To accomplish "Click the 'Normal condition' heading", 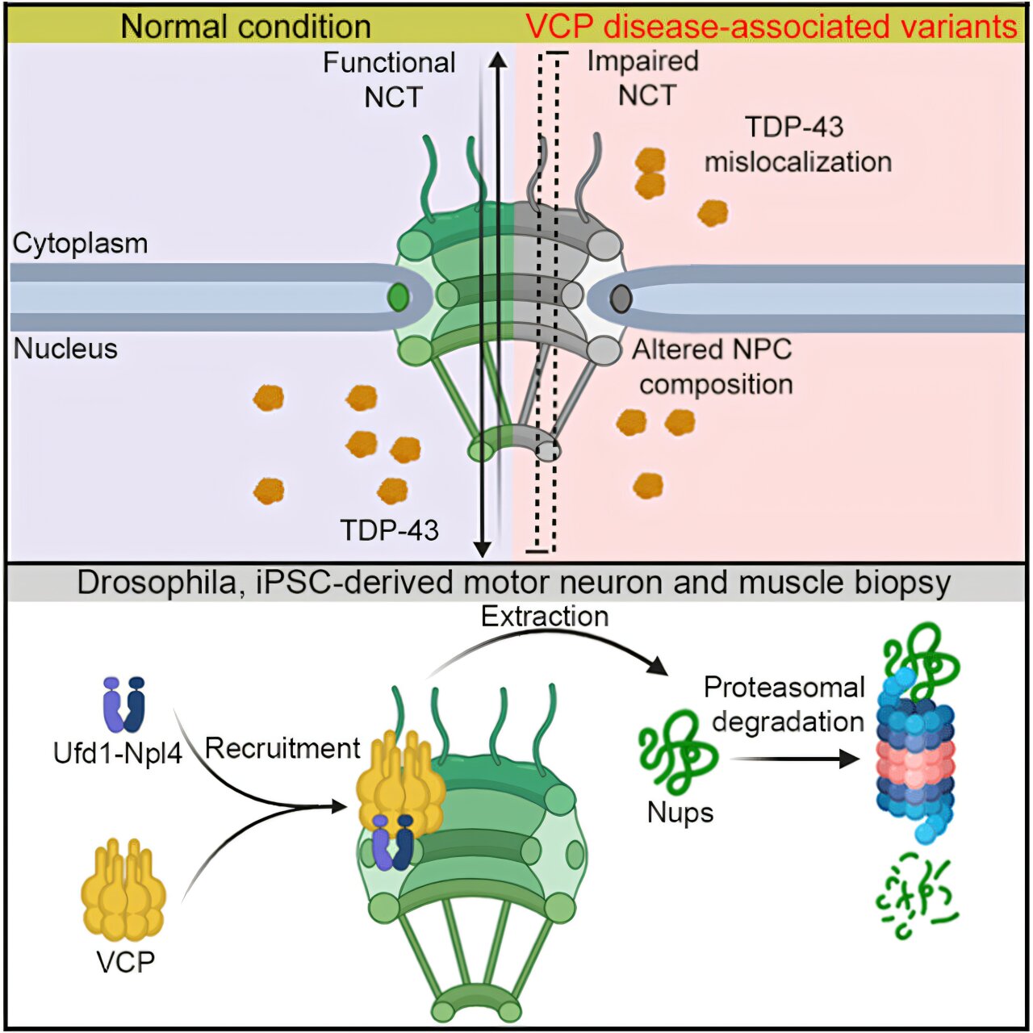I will (245, 27).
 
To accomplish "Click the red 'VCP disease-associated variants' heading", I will (771, 27).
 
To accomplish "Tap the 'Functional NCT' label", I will (391, 79).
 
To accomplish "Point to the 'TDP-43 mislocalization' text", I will (797, 144).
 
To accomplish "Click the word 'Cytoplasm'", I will (81, 243).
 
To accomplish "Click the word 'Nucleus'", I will (66, 349).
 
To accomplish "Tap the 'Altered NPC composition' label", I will (713, 366).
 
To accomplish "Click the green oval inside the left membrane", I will (398, 298).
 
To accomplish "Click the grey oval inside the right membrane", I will (620, 299).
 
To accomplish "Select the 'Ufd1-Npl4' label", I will (118, 753).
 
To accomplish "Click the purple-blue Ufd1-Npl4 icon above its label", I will (123, 704).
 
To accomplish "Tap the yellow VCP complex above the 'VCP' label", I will (123, 891).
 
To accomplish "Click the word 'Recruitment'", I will (282, 748).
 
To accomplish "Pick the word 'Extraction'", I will (545, 616).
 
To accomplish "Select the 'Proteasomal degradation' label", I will (784, 704).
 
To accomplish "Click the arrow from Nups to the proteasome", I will (795, 759).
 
